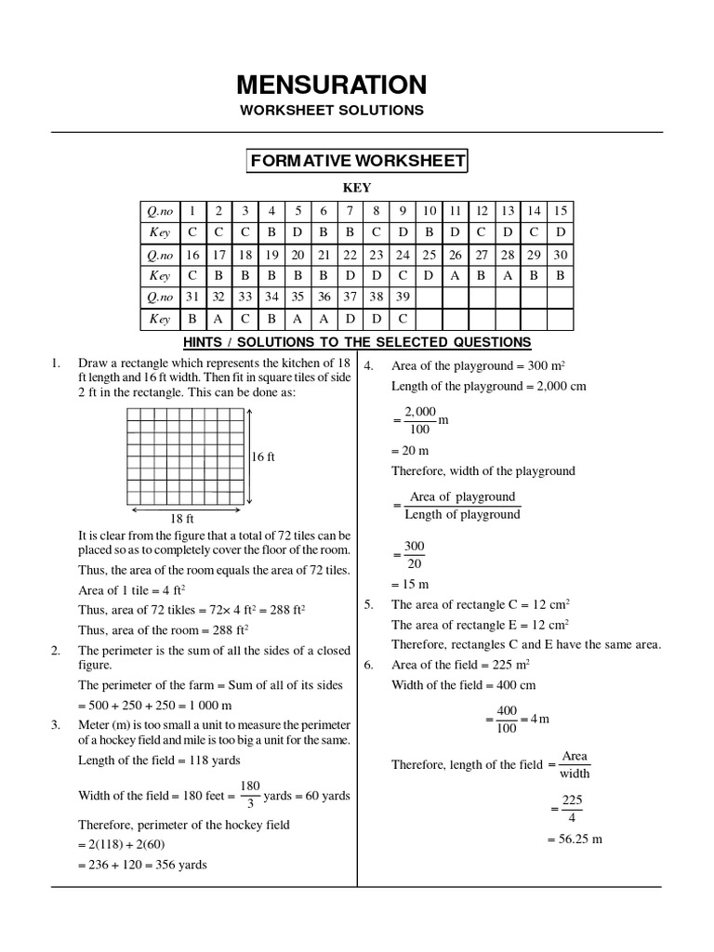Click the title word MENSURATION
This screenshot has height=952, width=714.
[331, 86]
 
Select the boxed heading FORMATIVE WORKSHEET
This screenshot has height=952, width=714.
[357, 161]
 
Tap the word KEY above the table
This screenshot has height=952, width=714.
[357, 187]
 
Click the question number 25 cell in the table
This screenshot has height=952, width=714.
[429, 254]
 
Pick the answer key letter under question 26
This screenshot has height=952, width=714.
[456, 275]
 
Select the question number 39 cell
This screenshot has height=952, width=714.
[403, 297]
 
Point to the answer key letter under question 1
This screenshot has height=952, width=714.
[192, 232]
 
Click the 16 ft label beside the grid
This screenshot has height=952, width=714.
[264, 456]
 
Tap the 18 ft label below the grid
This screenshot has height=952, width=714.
[182, 519]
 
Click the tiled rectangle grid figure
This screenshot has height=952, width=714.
[185, 456]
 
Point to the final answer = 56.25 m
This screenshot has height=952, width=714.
[572, 839]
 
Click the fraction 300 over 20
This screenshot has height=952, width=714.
[414, 554]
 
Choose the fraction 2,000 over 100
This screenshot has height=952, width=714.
[419, 420]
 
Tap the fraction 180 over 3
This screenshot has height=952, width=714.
[250, 795]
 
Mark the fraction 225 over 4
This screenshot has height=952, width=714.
[572, 808]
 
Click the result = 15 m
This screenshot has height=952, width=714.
[410, 584]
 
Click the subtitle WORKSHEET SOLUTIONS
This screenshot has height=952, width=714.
[332, 111]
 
